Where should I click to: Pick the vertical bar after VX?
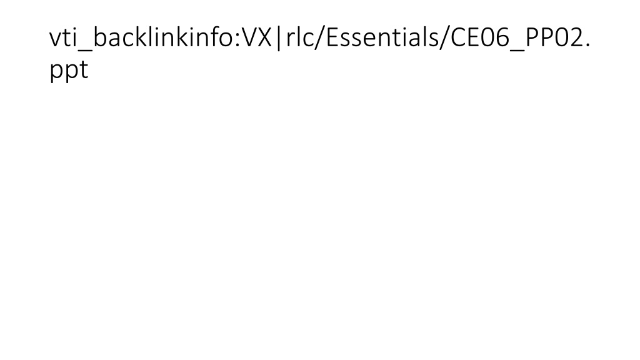coord(279,38)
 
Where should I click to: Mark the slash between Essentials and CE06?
coord(446,38)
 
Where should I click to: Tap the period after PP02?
coord(587,45)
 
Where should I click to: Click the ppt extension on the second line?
coord(69,70)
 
